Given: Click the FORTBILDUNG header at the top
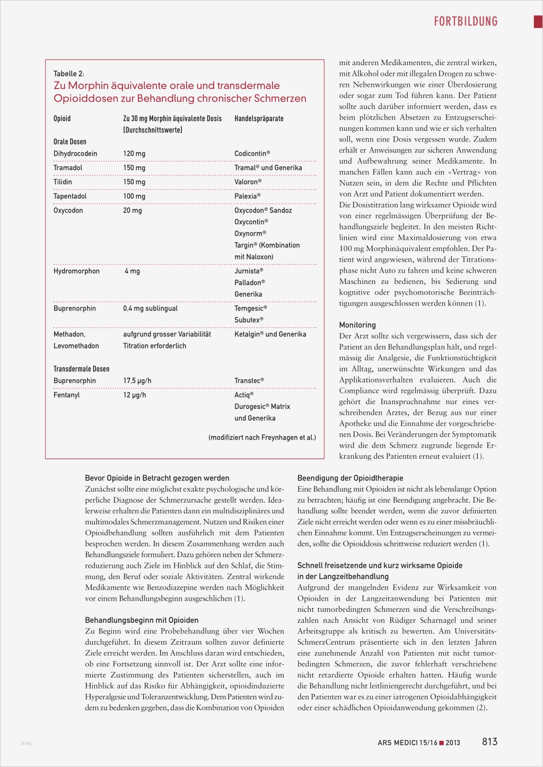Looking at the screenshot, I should tap(466, 21).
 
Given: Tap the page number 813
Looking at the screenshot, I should tap(489, 742).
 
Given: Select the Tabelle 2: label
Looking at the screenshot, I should tap(68, 74).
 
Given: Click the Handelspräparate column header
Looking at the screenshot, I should tap(259, 119).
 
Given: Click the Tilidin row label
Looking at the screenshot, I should tap(63, 182).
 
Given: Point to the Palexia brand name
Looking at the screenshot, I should tap(247, 196).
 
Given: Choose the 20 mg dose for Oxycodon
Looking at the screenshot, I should tap(133, 210).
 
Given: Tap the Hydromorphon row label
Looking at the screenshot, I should tap(76, 271).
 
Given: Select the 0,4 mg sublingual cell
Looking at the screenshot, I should tap(150, 308).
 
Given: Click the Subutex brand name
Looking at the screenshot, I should tap(249, 320).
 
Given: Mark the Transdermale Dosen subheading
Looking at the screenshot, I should tap(81, 369).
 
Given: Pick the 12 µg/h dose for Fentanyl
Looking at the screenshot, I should tap(135, 395).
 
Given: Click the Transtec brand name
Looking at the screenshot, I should tap(249, 380).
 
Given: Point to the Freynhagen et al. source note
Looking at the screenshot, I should tap(262, 438).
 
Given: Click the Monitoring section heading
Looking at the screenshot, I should tap(357, 325).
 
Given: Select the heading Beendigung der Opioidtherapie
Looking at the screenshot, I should tap(350, 478).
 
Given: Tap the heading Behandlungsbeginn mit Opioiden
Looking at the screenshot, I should tap(142, 620).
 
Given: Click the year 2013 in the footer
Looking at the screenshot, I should tap(453, 743).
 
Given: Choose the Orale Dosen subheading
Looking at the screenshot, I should tap(69, 141).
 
